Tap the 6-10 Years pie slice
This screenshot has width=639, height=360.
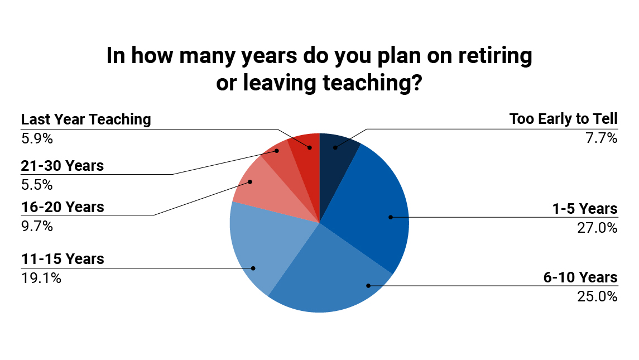pos(334,277)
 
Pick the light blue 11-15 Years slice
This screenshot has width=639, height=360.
pos(261,244)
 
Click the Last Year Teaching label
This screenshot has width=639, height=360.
pos(86,119)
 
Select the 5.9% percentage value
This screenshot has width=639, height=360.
pos(37,138)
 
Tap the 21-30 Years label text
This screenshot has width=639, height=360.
pos(63,166)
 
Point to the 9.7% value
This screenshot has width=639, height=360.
pos(37,226)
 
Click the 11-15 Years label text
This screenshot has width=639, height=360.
pos(63,259)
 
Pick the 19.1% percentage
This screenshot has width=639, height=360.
pos(41,278)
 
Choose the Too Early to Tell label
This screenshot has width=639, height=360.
pos(564,119)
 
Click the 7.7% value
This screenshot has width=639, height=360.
pos(602,138)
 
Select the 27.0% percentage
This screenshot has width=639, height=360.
pos(598,228)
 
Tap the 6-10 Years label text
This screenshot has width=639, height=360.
pos(581,277)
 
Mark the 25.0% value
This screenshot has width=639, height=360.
pos(598,296)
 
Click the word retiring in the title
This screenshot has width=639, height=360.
pos(495,56)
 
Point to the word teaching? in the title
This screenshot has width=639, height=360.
pos(372,83)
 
